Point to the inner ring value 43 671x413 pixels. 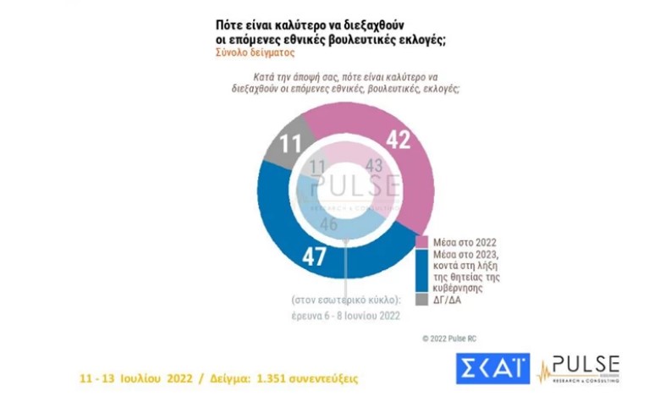coord(374,168)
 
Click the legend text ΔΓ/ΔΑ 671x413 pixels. coord(444,300)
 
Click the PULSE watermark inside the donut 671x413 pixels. coord(355,186)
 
